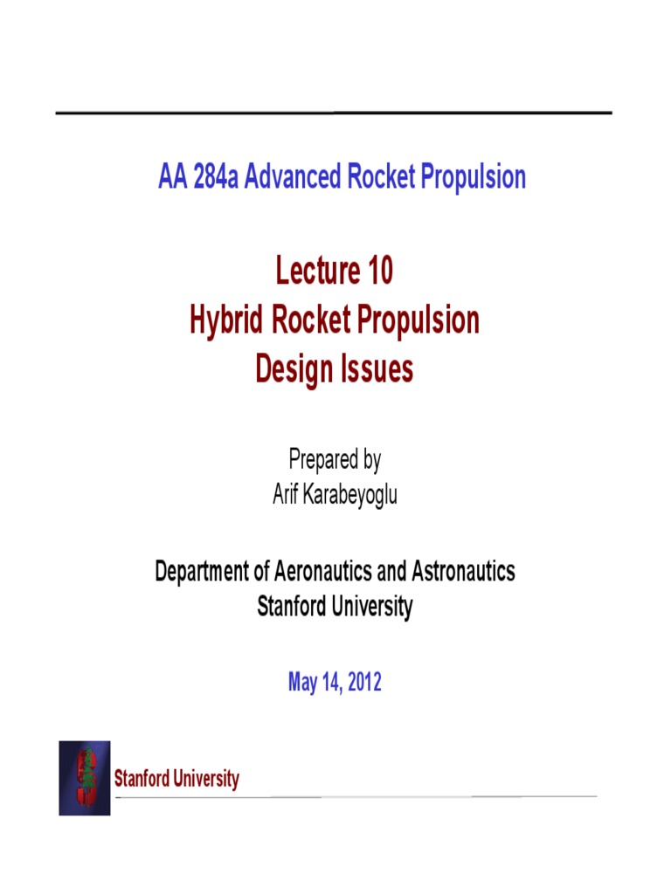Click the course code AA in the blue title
(171, 177)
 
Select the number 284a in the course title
(214, 177)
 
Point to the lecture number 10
(380, 272)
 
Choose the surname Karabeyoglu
(351, 497)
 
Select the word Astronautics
(460, 572)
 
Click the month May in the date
(301, 683)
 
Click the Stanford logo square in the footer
(85, 778)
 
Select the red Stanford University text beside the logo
(176, 779)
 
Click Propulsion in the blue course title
(475, 177)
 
